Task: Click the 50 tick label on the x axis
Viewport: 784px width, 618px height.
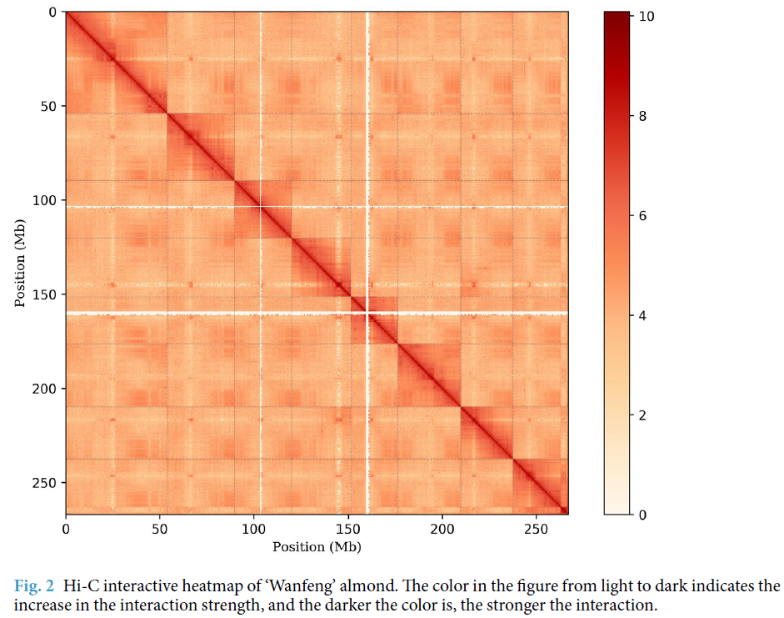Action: click(x=160, y=529)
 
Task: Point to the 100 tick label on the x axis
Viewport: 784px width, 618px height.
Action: click(x=254, y=529)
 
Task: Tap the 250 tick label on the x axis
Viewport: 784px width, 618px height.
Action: click(x=537, y=529)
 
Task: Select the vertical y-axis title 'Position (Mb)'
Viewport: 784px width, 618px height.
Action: click(x=20, y=263)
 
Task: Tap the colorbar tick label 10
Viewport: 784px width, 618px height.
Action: click(x=646, y=17)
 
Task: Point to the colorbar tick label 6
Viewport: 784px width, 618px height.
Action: click(x=642, y=216)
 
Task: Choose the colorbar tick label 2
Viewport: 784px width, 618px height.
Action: click(x=642, y=415)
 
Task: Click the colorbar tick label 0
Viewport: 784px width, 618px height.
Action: click(x=642, y=515)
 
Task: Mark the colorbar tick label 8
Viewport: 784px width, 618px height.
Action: click(x=642, y=117)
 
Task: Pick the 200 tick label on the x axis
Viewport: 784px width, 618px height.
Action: click(x=442, y=529)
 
